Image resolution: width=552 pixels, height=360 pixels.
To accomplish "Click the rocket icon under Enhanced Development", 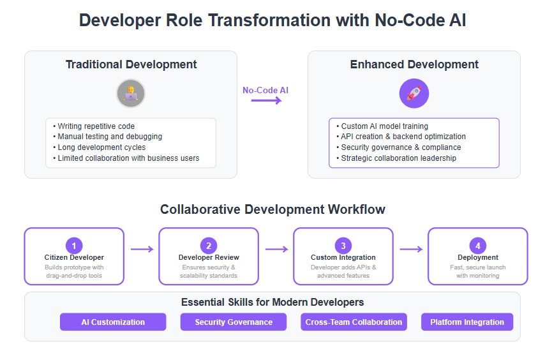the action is click(x=414, y=93).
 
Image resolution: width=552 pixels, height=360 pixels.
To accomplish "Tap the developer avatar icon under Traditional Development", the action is click(x=131, y=93).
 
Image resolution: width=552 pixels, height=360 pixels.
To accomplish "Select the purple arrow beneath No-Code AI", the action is click(x=267, y=101).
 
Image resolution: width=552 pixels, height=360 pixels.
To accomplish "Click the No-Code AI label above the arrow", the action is click(x=265, y=90).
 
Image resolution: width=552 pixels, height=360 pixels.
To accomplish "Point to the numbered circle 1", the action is click(x=74, y=246).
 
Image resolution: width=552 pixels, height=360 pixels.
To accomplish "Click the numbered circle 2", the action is click(x=209, y=246).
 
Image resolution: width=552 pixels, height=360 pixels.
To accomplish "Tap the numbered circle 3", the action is click(x=343, y=246).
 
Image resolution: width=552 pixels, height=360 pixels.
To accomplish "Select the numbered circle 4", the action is click(x=478, y=246).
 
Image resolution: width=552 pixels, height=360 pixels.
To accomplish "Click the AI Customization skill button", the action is click(x=113, y=322).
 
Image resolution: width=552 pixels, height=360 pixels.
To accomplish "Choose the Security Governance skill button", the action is click(x=234, y=322).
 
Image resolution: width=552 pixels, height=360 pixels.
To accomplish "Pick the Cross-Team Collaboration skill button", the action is click(x=354, y=322).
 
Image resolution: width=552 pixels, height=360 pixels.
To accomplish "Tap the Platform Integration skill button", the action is click(x=467, y=322).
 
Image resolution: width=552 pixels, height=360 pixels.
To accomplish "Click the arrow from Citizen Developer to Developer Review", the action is click(x=142, y=250).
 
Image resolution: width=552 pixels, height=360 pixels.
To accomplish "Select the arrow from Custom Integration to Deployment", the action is click(x=411, y=250).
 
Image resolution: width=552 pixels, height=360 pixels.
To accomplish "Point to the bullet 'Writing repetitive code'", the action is click(x=94, y=126).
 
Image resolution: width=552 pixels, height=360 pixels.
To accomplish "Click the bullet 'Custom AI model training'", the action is click(x=382, y=126).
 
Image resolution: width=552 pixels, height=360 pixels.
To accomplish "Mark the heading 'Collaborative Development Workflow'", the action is click(x=273, y=209).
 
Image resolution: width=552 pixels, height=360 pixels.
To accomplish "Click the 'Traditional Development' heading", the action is click(x=131, y=64).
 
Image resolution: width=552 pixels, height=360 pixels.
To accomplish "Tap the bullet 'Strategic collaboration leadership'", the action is click(x=396, y=158).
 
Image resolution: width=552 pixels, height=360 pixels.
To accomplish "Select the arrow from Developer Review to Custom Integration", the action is click(x=277, y=250).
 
